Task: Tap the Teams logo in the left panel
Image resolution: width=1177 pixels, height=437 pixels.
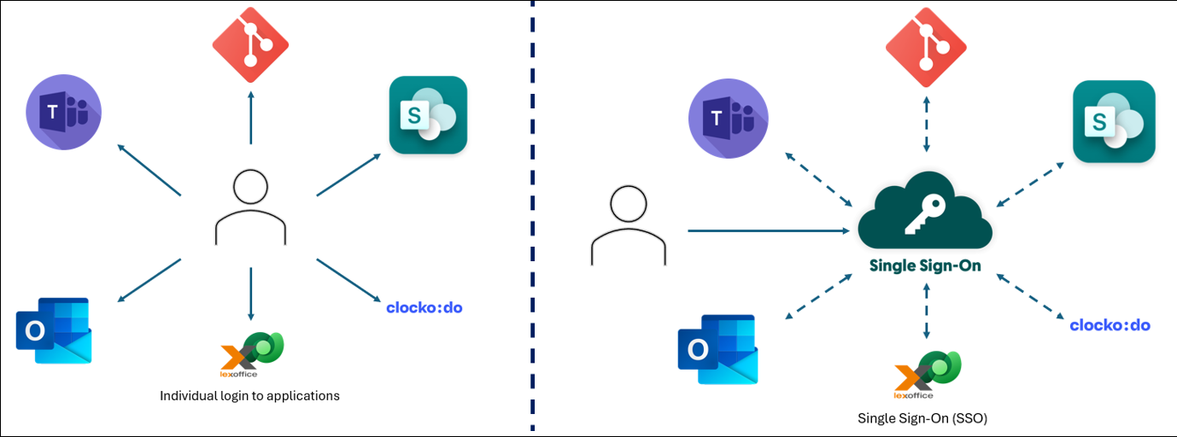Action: click(63, 113)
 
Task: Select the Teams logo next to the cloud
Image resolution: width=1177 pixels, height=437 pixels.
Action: click(728, 119)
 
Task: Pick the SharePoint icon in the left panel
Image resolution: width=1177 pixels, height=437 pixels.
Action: click(428, 115)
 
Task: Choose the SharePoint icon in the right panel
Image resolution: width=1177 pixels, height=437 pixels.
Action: click(1114, 121)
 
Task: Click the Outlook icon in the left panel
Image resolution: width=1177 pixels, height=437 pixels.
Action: click(54, 330)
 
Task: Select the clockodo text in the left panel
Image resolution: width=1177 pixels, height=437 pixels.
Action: click(425, 307)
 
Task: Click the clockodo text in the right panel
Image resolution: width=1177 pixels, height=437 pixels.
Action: click(1110, 325)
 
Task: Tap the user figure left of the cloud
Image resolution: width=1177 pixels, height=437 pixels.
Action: click(628, 225)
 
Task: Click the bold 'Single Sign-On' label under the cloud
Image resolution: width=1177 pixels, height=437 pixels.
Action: click(925, 265)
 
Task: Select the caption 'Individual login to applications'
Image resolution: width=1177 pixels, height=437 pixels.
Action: click(249, 396)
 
